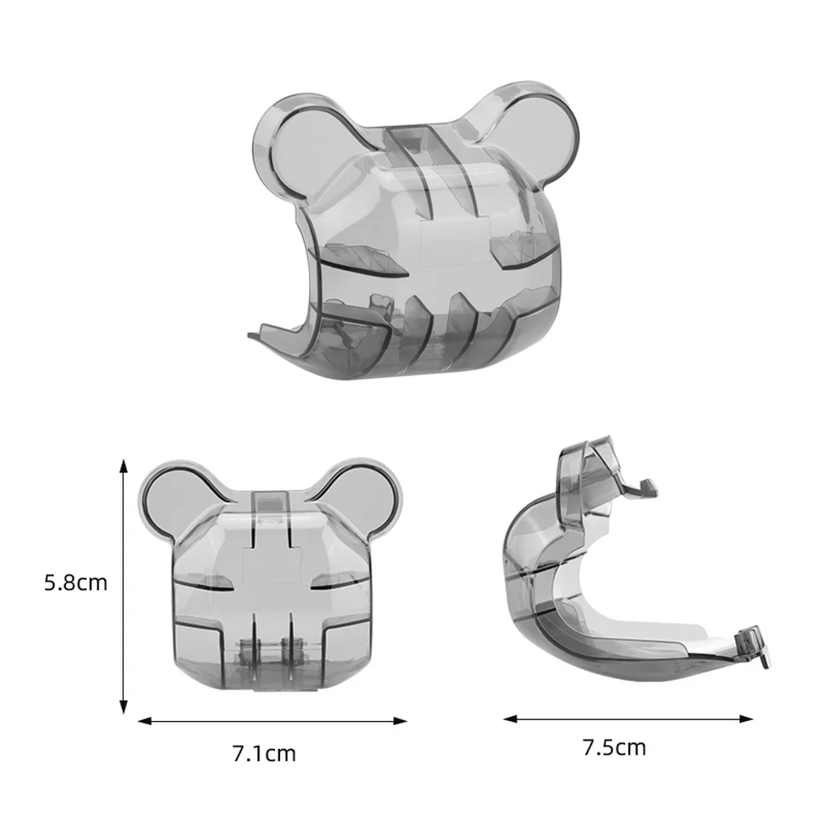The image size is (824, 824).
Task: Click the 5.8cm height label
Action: click(76, 583)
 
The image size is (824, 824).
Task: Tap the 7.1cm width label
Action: click(265, 754)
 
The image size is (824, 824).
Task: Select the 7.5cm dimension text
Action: click(615, 747)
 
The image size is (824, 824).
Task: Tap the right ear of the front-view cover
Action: click(368, 502)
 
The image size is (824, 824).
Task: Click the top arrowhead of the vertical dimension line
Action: click(124, 466)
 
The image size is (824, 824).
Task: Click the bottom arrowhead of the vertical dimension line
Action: click(124, 706)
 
